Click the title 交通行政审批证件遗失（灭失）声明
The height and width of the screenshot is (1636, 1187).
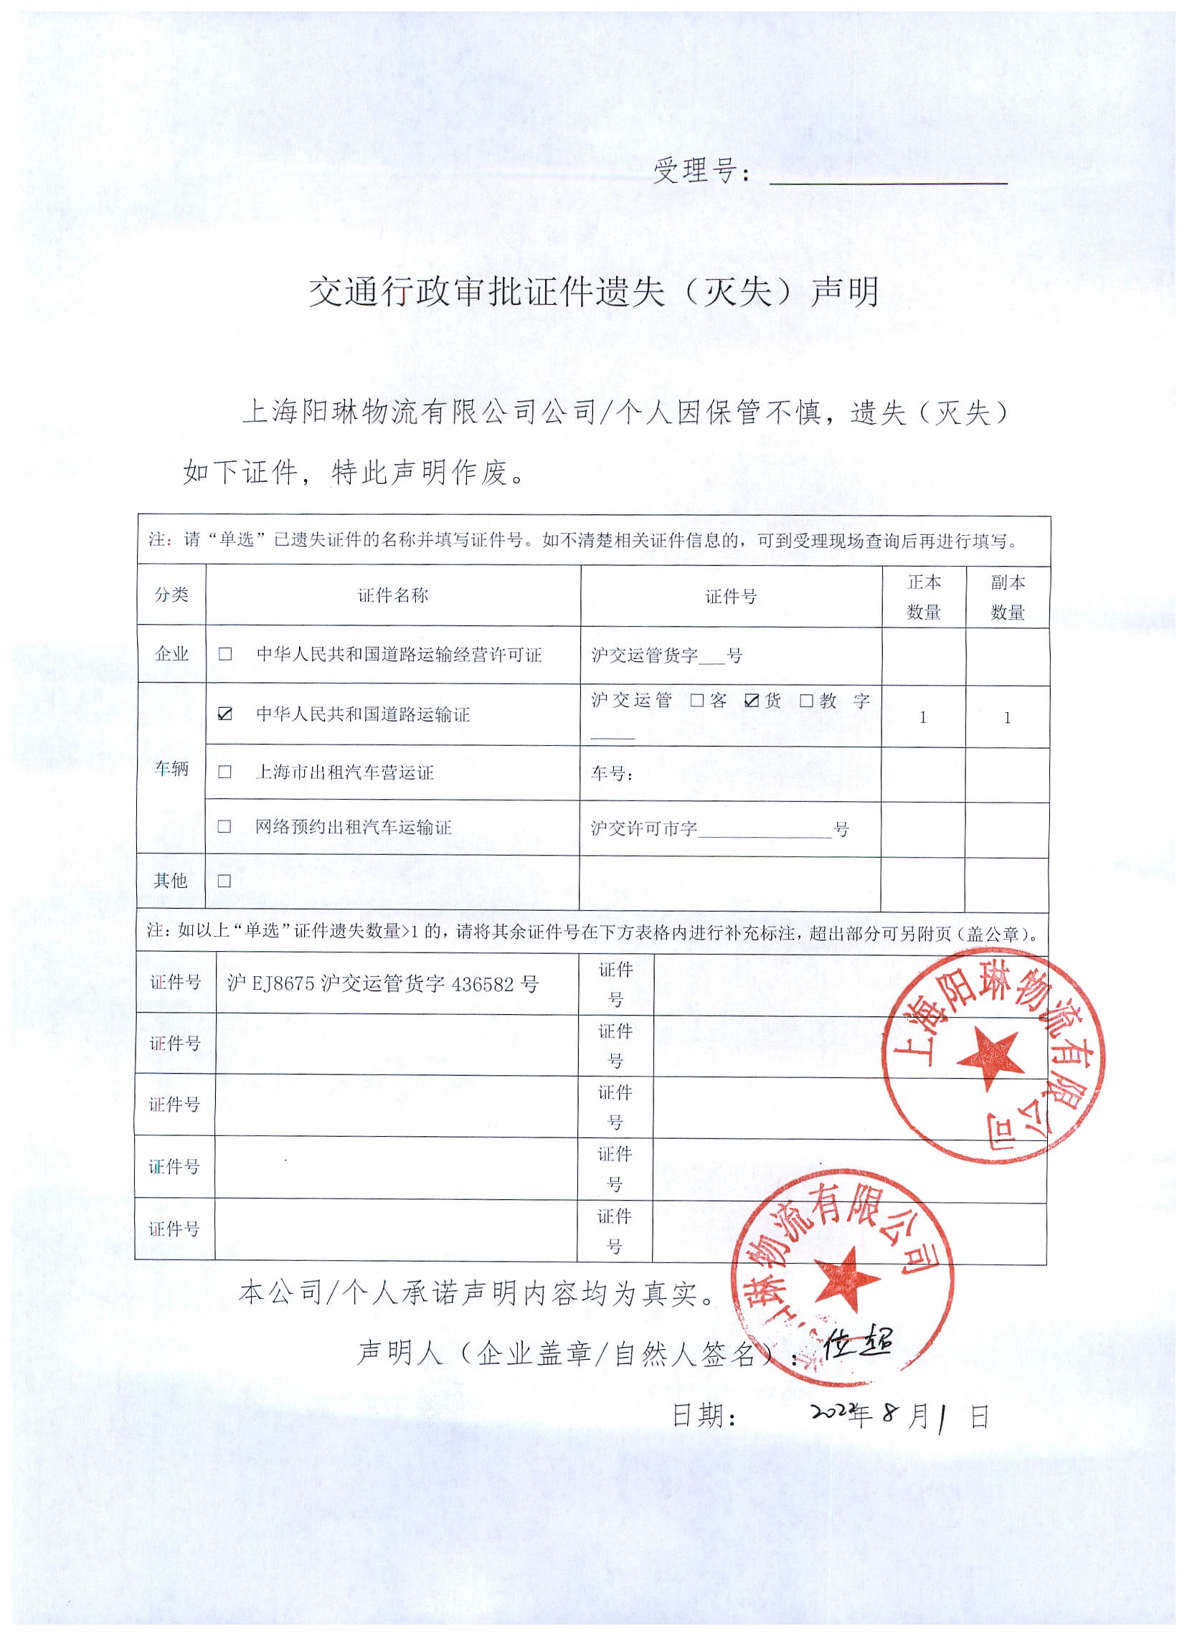click(x=594, y=292)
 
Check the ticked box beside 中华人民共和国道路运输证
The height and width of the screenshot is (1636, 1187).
click(x=225, y=714)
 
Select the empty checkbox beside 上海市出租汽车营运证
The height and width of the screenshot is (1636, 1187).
click(x=225, y=772)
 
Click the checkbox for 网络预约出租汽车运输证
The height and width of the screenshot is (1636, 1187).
click(x=224, y=827)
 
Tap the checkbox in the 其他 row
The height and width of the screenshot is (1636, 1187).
click(x=224, y=881)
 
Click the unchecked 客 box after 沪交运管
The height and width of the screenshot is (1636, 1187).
click(x=696, y=700)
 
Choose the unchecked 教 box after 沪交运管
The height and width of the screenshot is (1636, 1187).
click(x=806, y=700)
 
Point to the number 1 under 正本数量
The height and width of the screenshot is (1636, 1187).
click(x=923, y=718)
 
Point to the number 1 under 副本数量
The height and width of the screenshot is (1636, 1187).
click(x=1008, y=718)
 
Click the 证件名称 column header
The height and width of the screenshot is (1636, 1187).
click(x=393, y=595)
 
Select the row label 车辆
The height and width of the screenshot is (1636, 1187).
click(x=171, y=769)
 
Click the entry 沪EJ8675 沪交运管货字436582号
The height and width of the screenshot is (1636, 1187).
click(x=383, y=984)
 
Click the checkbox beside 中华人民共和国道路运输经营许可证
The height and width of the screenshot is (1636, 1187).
click(x=225, y=653)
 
